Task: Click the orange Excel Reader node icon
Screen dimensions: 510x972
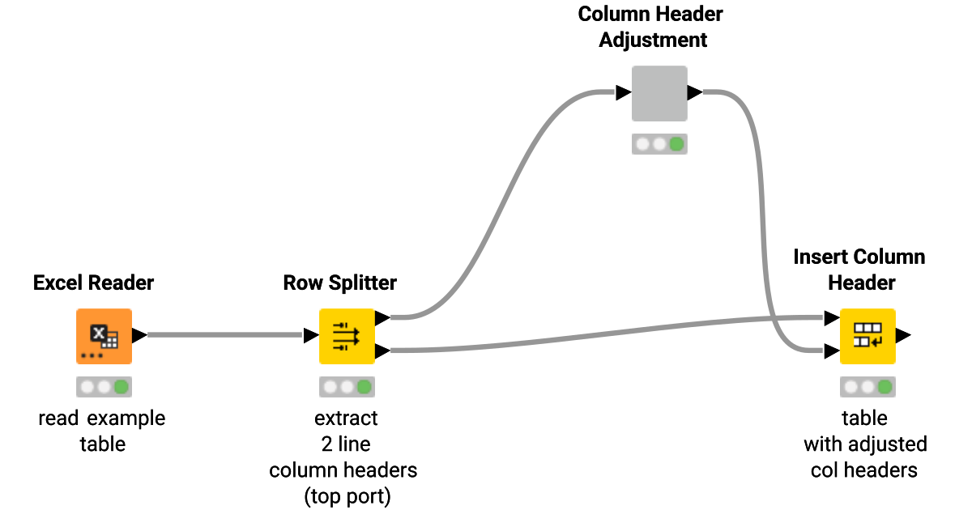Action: tap(104, 335)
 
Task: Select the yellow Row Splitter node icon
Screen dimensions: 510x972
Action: tap(346, 335)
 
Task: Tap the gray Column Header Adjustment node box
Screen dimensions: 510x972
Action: tap(659, 93)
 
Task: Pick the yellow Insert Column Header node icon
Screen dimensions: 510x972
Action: tap(867, 335)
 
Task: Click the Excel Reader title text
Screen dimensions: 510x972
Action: tap(93, 283)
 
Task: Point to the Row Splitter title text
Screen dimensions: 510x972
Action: tap(340, 283)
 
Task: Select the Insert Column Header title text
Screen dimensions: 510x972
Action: tap(859, 270)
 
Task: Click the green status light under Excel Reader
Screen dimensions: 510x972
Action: tap(122, 387)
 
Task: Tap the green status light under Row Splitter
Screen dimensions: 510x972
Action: tap(364, 387)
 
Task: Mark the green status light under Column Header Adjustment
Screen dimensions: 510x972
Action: tap(676, 144)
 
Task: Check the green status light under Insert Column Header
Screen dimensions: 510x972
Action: tap(885, 387)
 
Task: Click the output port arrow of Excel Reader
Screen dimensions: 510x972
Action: tap(139, 335)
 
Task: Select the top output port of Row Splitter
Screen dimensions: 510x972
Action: tap(382, 318)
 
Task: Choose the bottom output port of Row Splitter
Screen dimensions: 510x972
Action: tap(382, 351)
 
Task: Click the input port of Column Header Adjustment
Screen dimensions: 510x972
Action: tap(623, 93)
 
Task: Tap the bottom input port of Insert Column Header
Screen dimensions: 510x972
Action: tap(831, 351)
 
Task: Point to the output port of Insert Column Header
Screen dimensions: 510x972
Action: tap(903, 335)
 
